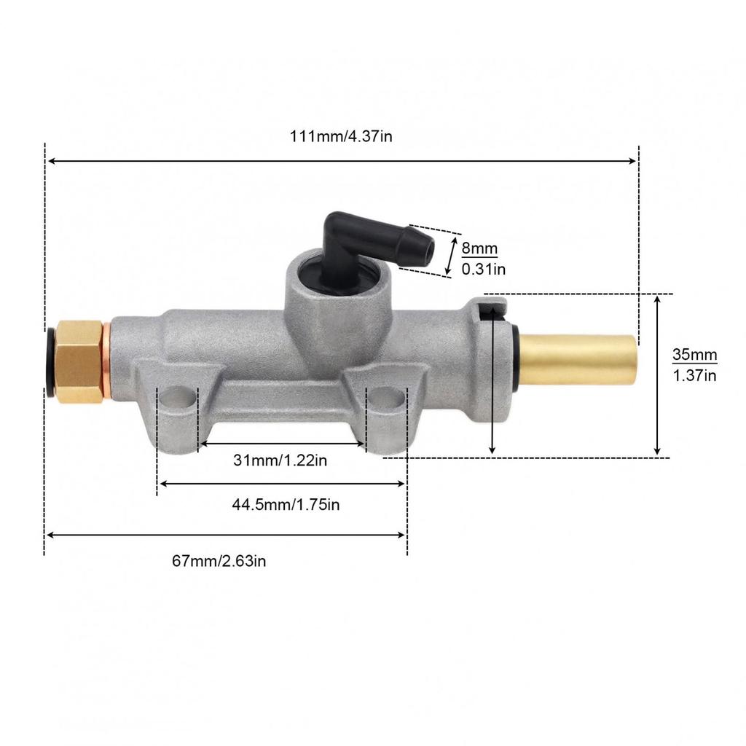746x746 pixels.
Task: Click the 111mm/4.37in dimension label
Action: [x=341, y=136]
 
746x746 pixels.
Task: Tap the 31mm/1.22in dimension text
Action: [x=280, y=460]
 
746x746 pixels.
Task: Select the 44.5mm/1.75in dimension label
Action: [x=286, y=504]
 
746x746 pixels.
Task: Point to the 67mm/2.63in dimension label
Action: [x=219, y=561]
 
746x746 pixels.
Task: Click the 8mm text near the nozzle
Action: [x=479, y=248]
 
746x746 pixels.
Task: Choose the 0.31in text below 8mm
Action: [x=484, y=270]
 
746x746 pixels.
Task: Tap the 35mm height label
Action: [x=694, y=355]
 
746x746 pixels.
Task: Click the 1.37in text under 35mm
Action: [x=694, y=375]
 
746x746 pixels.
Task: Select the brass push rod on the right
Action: [x=578, y=361]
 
